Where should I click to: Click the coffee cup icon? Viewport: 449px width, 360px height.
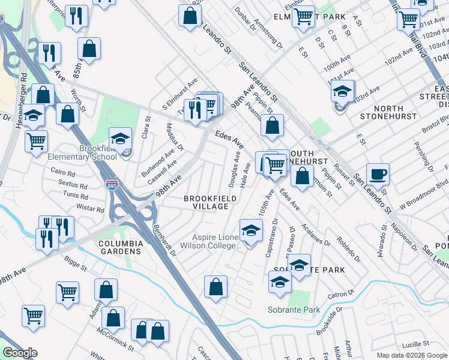coord(378,175)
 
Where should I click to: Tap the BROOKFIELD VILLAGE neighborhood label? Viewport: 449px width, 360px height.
coord(206,202)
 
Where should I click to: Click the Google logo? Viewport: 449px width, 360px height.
coord(20,353)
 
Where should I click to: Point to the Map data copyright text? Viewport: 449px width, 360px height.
coord(411,355)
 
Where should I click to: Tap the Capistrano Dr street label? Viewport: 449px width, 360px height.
coord(271,240)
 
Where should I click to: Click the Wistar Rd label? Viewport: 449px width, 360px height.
coord(91,209)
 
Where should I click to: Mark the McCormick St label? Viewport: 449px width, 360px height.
coord(117,340)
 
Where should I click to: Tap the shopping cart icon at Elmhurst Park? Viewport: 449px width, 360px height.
coord(303,17)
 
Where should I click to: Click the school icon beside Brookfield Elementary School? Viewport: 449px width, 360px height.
coord(120,139)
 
